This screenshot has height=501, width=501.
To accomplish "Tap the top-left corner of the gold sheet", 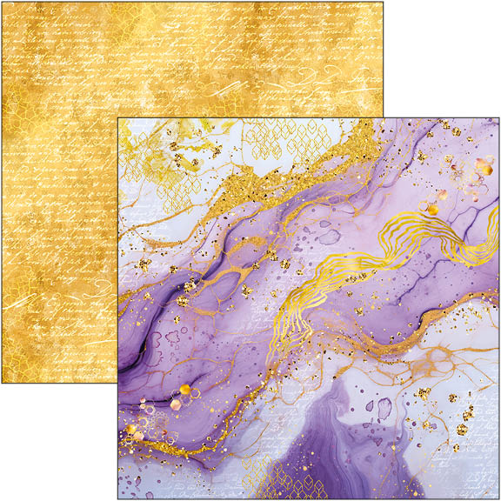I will tap(2, 2).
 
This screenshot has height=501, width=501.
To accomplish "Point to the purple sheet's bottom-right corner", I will tap(499, 498).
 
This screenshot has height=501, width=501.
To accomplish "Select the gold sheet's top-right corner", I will tap(384, 2).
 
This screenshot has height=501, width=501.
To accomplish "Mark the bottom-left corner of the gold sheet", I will tap(2, 384).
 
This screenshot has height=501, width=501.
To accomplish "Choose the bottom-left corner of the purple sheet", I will tap(119, 498).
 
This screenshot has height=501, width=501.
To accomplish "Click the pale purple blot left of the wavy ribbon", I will tap(328, 237).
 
